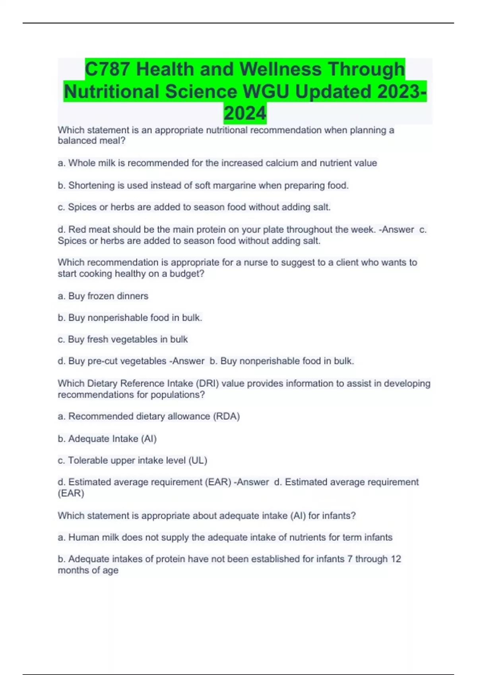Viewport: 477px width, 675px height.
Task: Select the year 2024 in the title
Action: click(x=245, y=114)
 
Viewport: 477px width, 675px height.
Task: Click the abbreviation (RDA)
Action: click(x=227, y=417)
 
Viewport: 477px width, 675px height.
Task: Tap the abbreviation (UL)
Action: click(x=198, y=461)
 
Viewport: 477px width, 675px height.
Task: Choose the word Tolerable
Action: click(x=87, y=461)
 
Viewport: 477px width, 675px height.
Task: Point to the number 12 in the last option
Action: click(x=396, y=559)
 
